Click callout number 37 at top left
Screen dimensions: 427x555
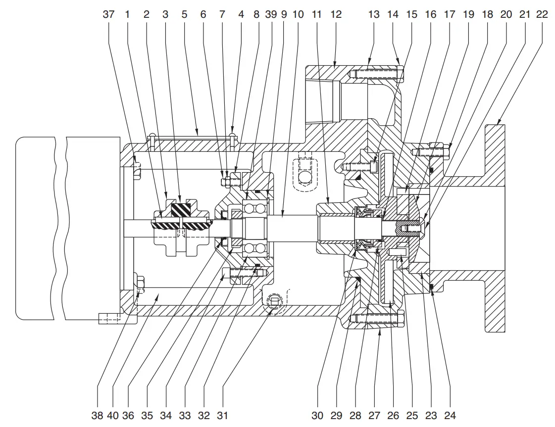point(108,14)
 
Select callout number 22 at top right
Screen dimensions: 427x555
point(542,14)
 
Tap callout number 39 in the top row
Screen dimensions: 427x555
point(271,14)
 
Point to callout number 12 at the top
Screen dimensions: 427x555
point(336,14)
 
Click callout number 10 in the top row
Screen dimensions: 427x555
point(298,14)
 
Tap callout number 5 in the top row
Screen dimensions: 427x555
point(184,14)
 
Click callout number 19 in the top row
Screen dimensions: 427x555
point(468,14)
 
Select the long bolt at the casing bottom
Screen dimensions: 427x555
point(376,318)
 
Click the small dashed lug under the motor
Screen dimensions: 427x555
point(109,319)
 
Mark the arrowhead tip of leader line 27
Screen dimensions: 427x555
point(379,330)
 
